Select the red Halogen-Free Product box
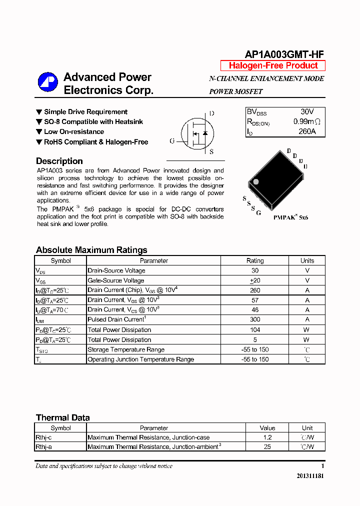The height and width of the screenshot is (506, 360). pos(273,65)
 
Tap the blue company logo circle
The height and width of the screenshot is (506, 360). pos(48,82)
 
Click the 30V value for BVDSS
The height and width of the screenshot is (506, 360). pos(307,112)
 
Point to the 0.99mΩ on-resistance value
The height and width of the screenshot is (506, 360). pos(306,121)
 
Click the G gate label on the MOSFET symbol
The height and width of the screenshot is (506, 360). pos(172,141)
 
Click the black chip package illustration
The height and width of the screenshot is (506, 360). pos(275,179)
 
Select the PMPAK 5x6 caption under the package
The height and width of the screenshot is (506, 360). pos(290,218)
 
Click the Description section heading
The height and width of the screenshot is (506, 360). pos(59,161)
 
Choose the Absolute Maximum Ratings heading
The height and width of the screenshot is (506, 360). pos(91,250)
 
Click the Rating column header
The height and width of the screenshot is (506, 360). pos(255,260)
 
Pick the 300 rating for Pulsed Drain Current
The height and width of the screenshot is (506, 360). pos(255,319)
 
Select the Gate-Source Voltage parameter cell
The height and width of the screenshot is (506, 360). pos(116,280)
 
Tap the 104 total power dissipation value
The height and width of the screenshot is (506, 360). pos(255,329)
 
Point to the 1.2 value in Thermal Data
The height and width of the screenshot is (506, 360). pos(267,437)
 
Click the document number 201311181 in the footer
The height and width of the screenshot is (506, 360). pos(310,476)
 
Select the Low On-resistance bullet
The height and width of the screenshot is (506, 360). pos(74,132)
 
